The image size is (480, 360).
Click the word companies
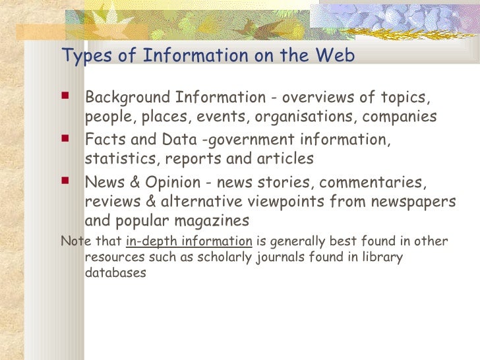[402, 117]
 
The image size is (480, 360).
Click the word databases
[116, 272]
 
